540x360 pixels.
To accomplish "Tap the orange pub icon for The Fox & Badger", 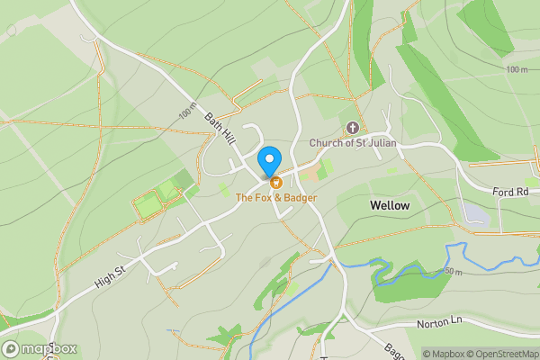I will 274,183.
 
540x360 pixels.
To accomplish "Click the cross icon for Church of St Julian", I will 351,127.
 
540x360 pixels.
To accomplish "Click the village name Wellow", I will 390,206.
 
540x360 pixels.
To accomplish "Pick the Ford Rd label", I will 516,192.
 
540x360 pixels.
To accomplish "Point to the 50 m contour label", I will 452,272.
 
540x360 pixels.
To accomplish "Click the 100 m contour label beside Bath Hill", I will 186,112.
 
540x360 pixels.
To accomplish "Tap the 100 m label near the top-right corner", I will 517,69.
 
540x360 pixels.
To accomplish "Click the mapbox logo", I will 40,349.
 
